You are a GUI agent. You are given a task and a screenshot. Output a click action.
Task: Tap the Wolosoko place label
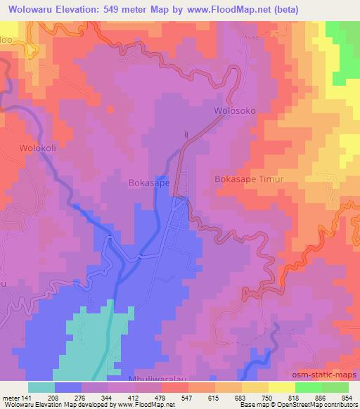point(233,111)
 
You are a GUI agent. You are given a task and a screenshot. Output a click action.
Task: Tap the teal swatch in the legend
point(41,387)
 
